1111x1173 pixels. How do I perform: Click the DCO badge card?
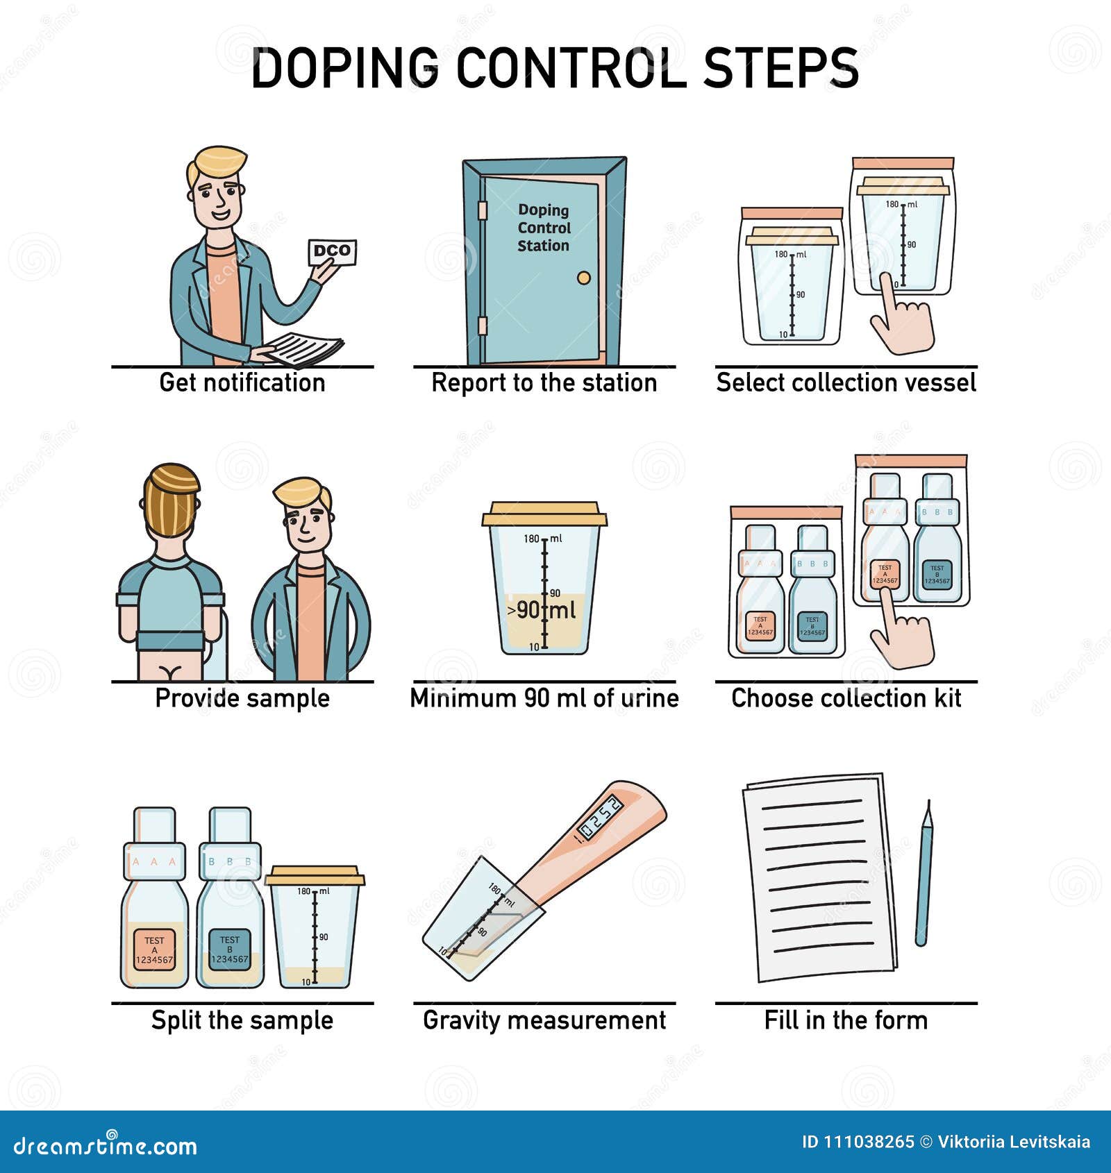pos(332,252)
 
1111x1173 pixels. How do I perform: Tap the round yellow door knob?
pos(584,278)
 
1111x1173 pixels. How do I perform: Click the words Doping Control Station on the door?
pos(544,228)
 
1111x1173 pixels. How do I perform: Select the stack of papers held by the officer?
pos(306,347)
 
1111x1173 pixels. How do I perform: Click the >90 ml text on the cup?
pos(542,610)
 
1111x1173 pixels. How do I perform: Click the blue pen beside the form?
pos(924,875)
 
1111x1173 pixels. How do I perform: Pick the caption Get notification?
pos(242,382)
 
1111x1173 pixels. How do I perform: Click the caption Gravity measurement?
pos(544,1020)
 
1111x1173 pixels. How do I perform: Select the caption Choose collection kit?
pos(846,698)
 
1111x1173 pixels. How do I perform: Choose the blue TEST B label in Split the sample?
pos(230,950)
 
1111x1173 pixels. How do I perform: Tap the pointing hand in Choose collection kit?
pos(900,632)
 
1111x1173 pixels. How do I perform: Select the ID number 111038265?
pos(868,1142)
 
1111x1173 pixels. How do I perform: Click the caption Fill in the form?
pos(846,1020)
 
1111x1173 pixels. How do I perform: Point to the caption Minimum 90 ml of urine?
pos(544,698)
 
